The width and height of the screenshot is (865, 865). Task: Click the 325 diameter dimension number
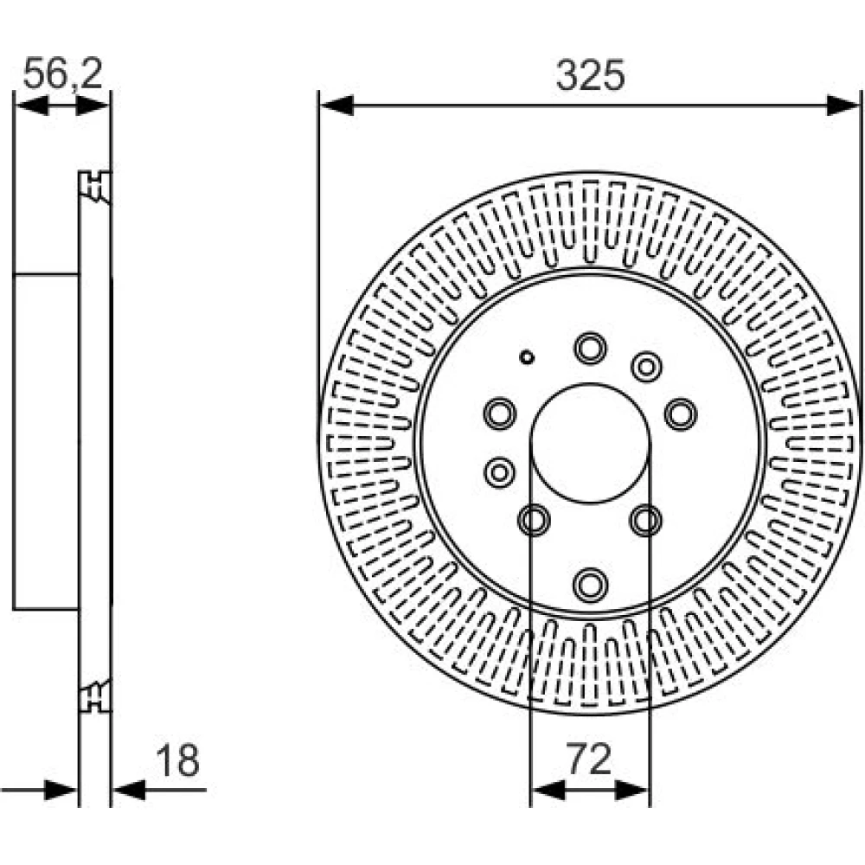click(x=590, y=75)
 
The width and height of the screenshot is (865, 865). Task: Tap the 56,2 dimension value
click(x=63, y=73)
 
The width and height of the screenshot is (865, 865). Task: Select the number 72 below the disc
click(x=589, y=759)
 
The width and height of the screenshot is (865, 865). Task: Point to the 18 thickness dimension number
click(x=177, y=760)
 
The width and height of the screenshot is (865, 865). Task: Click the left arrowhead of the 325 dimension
click(x=336, y=105)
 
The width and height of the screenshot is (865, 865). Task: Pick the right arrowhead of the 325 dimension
click(x=843, y=105)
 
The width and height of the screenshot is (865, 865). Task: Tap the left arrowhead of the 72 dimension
click(x=548, y=790)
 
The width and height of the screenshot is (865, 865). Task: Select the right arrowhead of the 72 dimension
click(x=632, y=790)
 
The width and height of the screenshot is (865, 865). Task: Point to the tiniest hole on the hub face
click(x=527, y=357)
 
